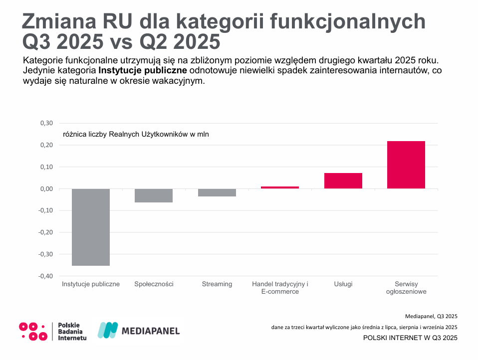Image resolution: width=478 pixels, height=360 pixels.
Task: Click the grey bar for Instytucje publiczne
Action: tap(91, 227)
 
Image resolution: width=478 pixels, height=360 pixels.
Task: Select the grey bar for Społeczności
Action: tap(154, 195)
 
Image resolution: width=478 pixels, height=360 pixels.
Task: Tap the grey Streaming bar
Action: tap(217, 192)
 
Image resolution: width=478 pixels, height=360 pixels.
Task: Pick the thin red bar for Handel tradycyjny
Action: tap(280, 187)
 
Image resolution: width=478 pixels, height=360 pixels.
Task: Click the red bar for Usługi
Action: tap(343, 180)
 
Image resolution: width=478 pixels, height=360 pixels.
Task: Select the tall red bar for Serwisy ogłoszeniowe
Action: tap(406, 165)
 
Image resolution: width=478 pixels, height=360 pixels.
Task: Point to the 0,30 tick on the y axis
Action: tap(46, 123)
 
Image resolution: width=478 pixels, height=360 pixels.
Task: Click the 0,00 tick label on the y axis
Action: tap(46, 189)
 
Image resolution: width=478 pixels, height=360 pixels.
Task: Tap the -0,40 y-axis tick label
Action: tap(45, 276)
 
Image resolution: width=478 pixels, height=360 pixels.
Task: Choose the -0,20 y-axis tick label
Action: tap(45, 232)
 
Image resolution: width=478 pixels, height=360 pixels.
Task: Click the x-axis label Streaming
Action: tap(217, 284)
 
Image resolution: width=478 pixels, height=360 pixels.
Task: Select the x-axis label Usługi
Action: tap(343, 284)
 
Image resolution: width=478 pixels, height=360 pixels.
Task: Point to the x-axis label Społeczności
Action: tap(154, 284)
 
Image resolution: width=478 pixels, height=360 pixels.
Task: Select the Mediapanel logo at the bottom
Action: tap(138, 330)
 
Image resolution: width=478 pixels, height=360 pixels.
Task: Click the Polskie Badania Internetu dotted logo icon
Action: tap(33, 331)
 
